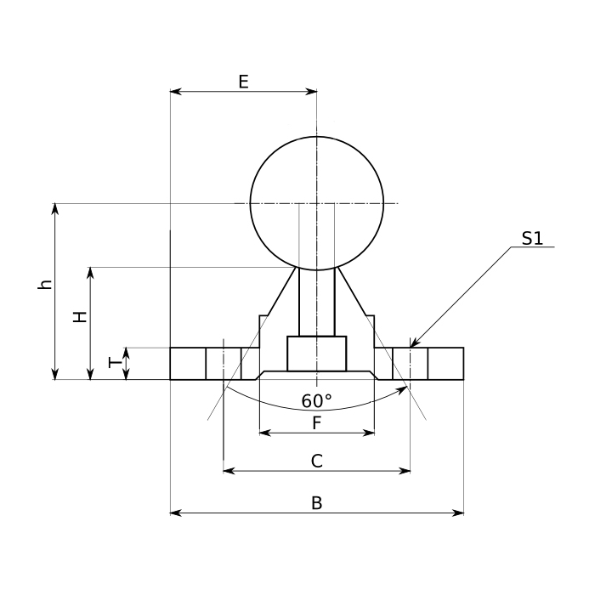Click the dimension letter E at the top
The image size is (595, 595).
(x=243, y=82)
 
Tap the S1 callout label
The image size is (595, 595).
(x=532, y=239)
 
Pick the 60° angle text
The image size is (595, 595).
(x=316, y=400)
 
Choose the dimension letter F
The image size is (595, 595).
(x=316, y=422)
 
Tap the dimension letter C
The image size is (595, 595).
(x=316, y=461)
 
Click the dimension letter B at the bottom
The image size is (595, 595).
(x=316, y=503)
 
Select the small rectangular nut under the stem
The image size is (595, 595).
(x=316, y=354)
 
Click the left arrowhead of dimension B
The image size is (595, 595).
(x=173, y=513)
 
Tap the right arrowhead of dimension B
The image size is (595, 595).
(x=462, y=513)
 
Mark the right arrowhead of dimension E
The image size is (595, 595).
(x=314, y=91)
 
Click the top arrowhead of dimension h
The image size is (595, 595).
(x=55, y=205)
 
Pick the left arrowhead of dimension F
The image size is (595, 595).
(x=262, y=433)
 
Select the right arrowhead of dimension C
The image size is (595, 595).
(x=408, y=469)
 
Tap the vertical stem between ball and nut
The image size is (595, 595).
(x=316, y=302)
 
